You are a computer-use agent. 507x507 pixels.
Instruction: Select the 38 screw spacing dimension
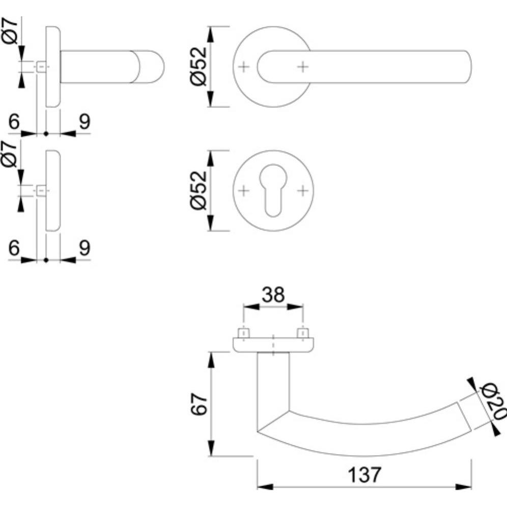[273, 295]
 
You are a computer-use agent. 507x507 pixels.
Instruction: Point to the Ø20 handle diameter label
[493, 401]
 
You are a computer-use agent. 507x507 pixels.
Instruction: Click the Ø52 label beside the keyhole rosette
[199, 190]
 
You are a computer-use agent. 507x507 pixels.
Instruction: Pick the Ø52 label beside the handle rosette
[199, 66]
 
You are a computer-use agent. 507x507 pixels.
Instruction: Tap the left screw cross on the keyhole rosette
[244, 190]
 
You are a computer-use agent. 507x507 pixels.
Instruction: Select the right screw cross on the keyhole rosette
[303, 190]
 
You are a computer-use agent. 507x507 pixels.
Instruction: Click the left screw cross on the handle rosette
[244, 67]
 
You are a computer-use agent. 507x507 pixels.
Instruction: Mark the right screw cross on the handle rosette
[303, 67]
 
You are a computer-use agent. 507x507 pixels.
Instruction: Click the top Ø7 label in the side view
[10, 31]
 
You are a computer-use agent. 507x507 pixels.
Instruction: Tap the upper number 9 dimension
[84, 122]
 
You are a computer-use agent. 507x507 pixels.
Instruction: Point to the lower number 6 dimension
[14, 248]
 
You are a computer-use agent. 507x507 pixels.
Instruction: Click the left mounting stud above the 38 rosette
[243, 333]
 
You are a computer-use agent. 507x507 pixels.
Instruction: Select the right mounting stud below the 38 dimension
[303, 333]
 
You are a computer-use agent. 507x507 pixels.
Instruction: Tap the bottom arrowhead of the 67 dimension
[211, 448]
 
